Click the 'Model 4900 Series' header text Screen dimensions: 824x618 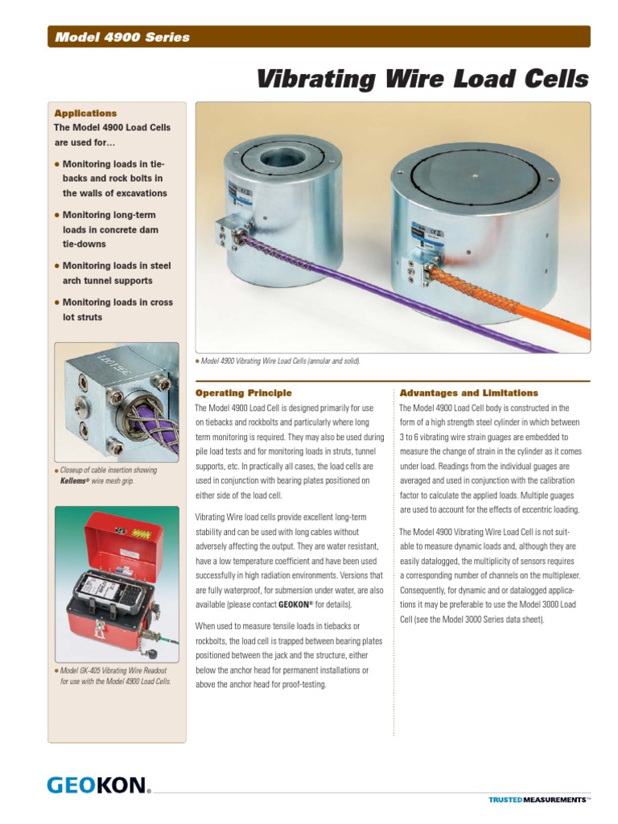click(122, 37)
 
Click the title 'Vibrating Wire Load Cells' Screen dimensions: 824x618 click(422, 80)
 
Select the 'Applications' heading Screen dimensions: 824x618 click(84, 113)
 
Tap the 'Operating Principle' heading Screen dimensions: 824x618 click(244, 393)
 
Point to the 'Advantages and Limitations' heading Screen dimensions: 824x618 click(469, 393)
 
